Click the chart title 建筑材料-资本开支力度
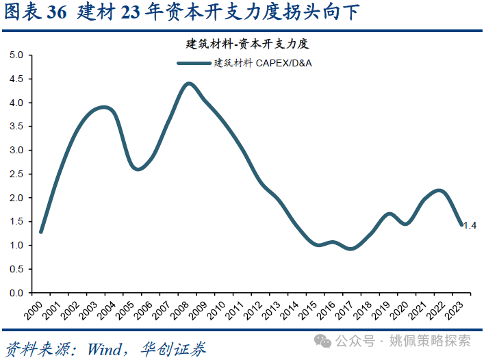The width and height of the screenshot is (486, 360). coord(248,44)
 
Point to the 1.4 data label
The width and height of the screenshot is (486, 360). coord(470,225)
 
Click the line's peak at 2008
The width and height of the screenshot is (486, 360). coord(189,83)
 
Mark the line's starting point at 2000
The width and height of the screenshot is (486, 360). coord(41,232)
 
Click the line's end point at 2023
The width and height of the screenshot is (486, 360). coord(461,224)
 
